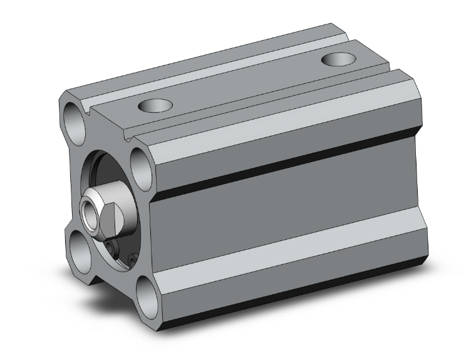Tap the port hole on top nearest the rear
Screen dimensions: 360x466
tap(338, 59)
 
